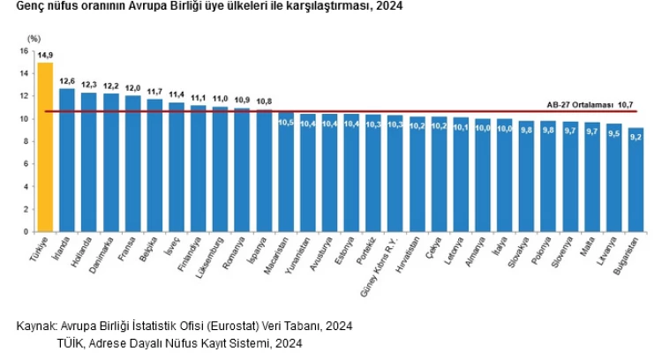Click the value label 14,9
click(x=45, y=55)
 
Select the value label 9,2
click(x=636, y=135)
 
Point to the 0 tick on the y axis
click(x=26, y=231)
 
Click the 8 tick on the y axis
click(x=26, y=141)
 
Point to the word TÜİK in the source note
click(x=71, y=343)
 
